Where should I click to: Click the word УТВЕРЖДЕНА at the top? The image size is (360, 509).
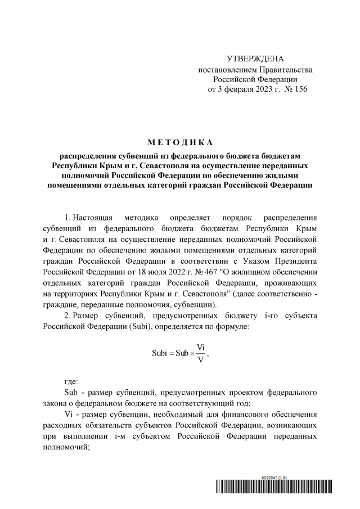tap(255, 59)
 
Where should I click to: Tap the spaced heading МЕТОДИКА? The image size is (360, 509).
tap(180, 142)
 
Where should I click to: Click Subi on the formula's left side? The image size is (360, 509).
tap(161, 354)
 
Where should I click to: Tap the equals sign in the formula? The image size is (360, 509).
tap(174, 354)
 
